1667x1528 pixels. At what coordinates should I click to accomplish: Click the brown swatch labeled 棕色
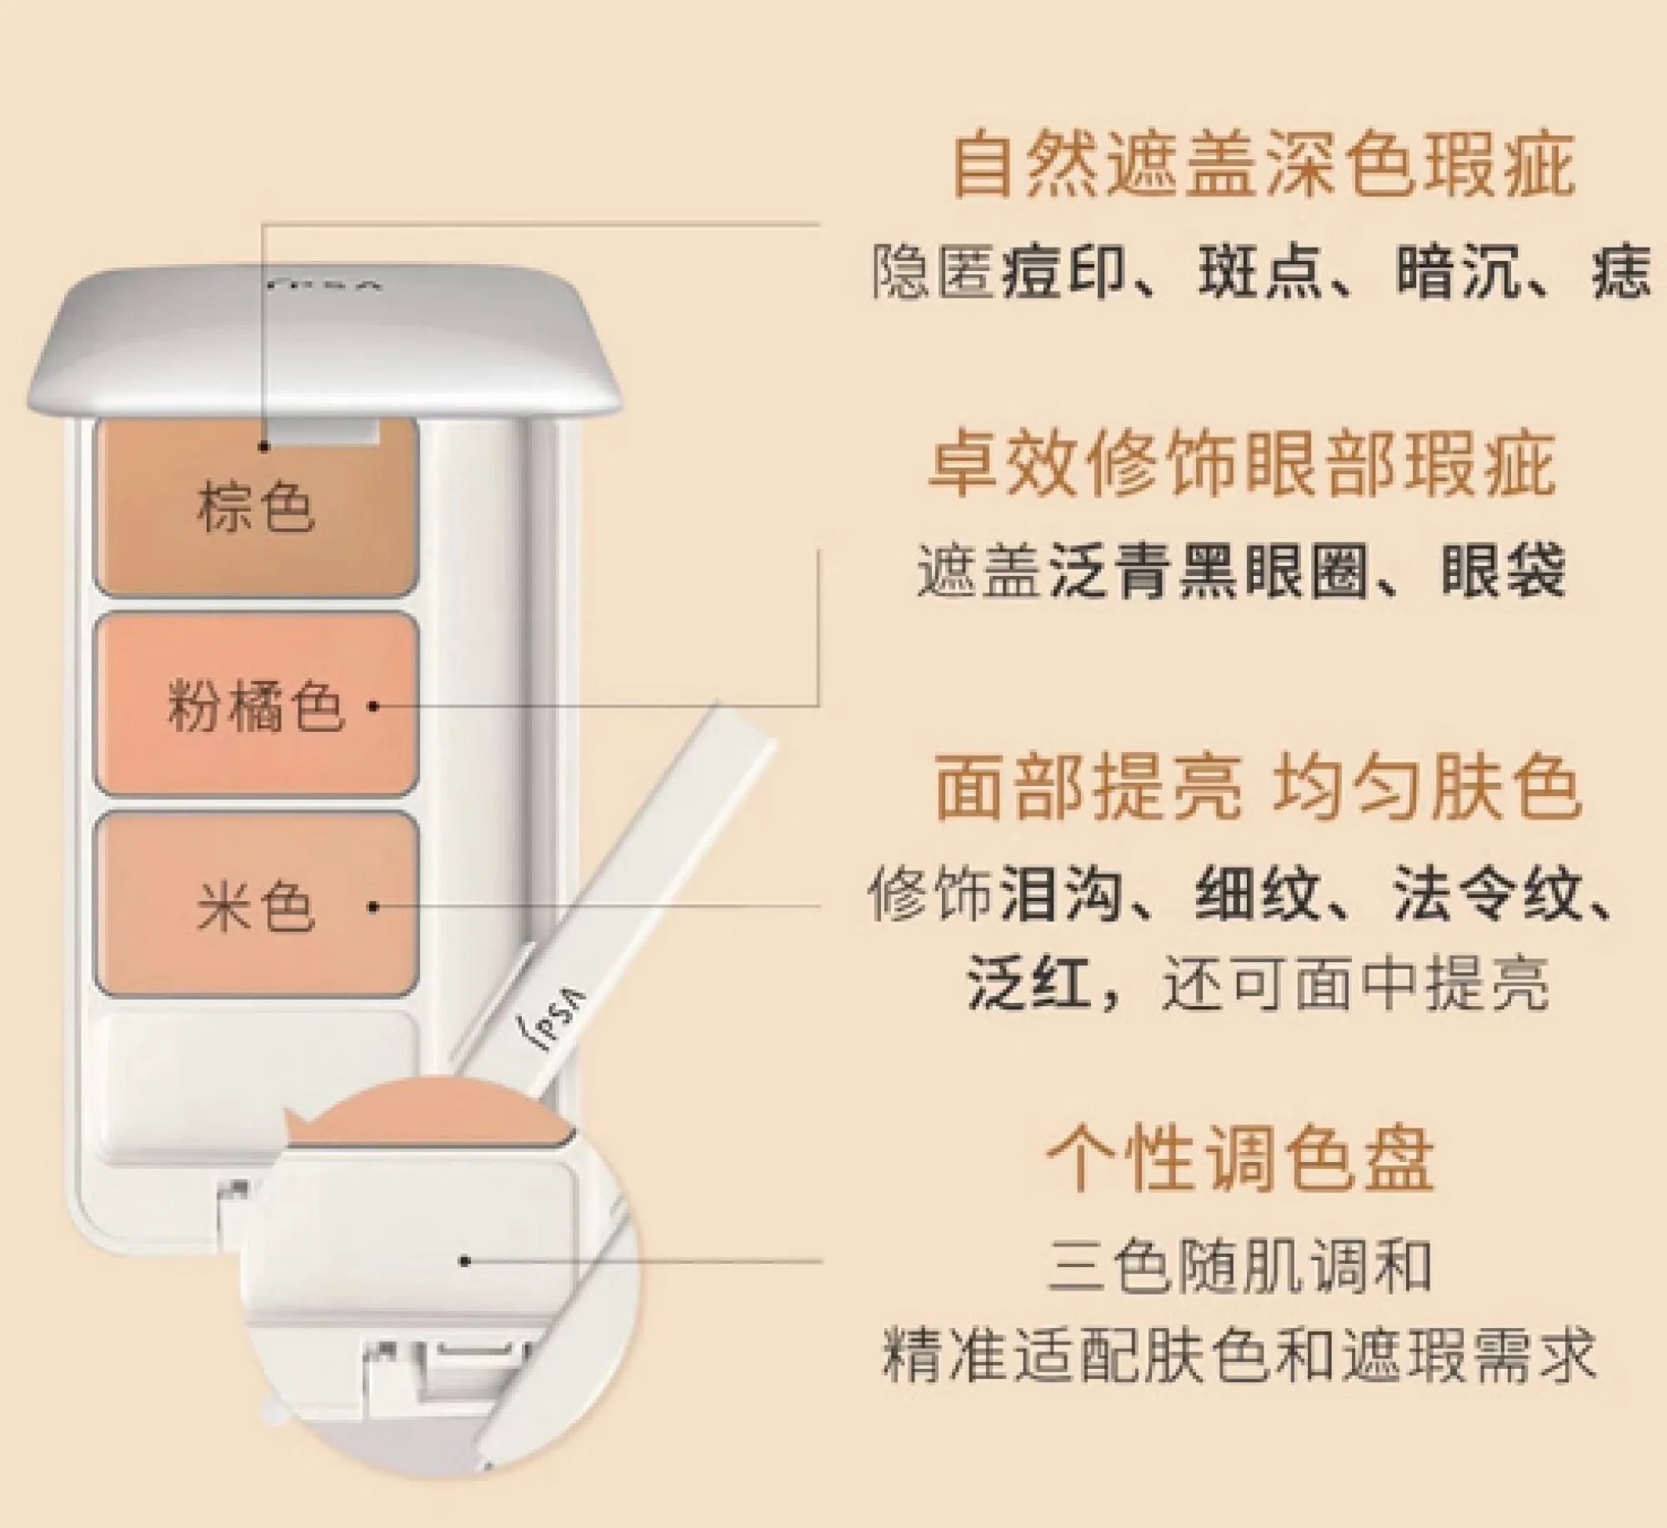256,508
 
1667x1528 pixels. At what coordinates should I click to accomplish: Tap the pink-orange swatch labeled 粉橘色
256,705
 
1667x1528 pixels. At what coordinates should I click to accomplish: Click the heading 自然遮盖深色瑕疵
1263,167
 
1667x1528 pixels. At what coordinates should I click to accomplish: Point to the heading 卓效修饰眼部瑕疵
1242,465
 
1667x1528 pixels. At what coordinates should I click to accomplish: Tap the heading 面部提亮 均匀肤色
1257,787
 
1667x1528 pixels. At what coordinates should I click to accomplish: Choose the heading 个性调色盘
1240,1159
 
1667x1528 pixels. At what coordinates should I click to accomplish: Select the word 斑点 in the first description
1259,273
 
